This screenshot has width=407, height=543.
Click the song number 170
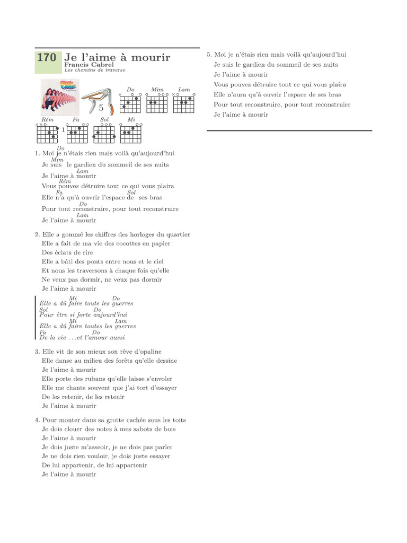(x=47, y=57)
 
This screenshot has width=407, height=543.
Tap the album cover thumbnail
(x=60, y=97)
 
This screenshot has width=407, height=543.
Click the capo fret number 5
(x=101, y=107)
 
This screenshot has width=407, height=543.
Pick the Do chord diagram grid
(x=130, y=103)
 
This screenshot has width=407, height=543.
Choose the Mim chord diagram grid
(x=157, y=103)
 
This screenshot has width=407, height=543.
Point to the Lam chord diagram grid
(x=184, y=103)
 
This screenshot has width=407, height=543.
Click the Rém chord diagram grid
(x=47, y=134)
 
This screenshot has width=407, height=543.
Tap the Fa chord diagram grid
(x=77, y=134)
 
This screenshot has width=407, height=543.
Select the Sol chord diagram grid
(x=104, y=134)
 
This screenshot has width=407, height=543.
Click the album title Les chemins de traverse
(x=95, y=70)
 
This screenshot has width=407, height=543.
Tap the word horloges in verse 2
(x=136, y=234)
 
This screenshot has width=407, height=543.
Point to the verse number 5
(x=209, y=55)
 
